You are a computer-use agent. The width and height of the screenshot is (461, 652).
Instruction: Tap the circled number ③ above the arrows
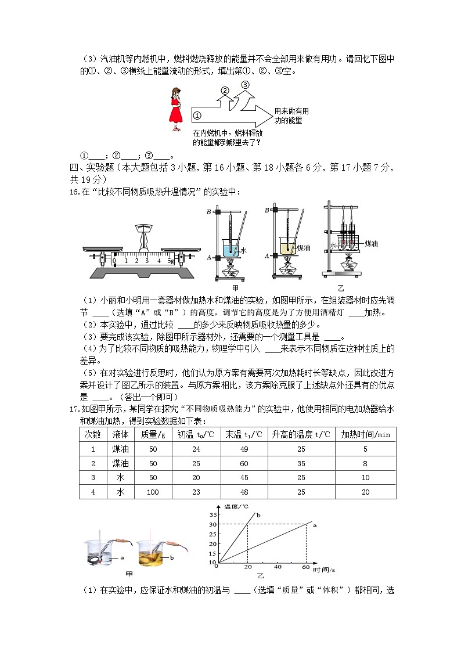point(245,85)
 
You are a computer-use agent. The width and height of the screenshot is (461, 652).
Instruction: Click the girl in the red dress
point(175,110)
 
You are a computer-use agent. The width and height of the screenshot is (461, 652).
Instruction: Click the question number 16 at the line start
point(73,192)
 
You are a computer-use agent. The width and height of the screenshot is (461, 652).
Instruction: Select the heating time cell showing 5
point(365,449)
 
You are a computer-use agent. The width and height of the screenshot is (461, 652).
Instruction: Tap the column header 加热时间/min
point(365,434)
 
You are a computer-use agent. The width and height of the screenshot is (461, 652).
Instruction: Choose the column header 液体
point(121,434)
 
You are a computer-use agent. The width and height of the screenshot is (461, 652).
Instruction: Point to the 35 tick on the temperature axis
point(213,515)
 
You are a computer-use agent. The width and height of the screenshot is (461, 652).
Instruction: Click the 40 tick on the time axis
point(278,567)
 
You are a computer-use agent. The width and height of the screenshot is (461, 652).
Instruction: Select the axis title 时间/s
point(325,570)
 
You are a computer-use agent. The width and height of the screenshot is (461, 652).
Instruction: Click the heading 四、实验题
point(92,168)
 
